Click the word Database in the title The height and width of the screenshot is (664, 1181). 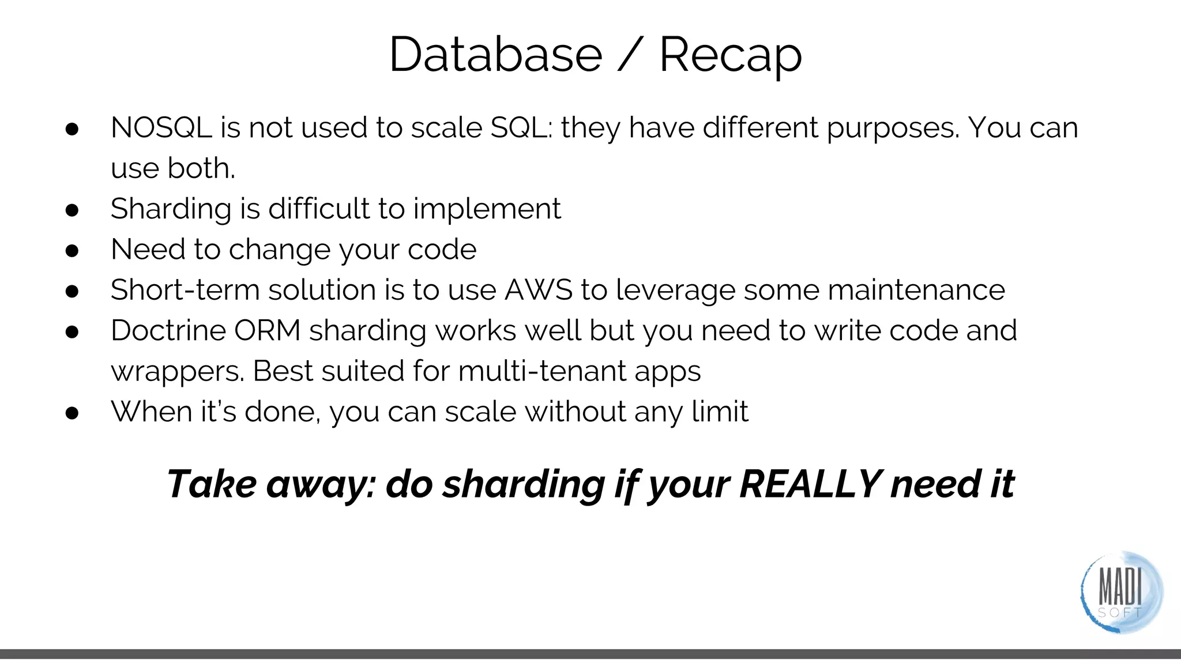[x=495, y=55]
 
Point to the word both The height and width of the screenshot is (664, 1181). [x=201, y=168]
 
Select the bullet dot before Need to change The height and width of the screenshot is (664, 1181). [x=72, y=251]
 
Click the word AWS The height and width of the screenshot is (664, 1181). [x=538, y=290]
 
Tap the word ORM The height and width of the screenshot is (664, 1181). [x=267, y=331]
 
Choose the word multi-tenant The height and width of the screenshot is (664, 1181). [x=541, y=371]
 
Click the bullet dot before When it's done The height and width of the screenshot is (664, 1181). [x=72, y=413]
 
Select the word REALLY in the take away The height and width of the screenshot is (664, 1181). [x=810, y=484]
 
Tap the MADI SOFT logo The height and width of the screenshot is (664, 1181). [x=1120, y=593]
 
